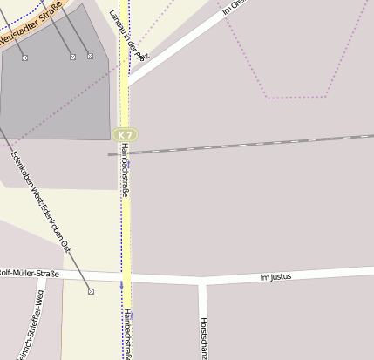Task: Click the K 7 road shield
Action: [126, 135]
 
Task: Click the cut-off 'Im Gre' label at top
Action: [234, 8]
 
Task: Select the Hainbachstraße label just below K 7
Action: [126, 171]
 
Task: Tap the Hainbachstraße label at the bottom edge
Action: [127, 335]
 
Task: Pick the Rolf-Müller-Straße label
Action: [30, 275]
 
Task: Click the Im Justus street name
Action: [275, 278]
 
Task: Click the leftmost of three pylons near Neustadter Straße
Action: [24, 58]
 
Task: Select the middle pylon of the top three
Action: [72, 57]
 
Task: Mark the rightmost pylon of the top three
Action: [90, 56]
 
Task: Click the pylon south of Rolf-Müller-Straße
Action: [91, 291]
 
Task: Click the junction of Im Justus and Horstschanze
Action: [203, 280]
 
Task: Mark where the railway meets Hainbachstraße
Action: [126, 153]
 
